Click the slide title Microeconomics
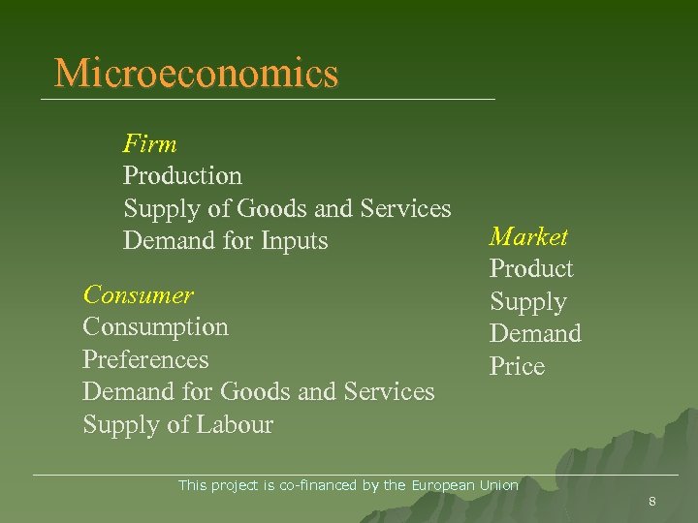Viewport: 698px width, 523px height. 197,74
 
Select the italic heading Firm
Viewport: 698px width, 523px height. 150,144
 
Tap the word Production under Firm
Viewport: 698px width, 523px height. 182,176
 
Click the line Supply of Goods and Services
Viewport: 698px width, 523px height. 287,208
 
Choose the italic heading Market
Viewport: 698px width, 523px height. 528,236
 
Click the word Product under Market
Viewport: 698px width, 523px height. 531,269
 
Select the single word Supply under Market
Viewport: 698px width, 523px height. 527,302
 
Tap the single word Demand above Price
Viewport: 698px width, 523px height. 535,334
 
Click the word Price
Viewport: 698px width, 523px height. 517,367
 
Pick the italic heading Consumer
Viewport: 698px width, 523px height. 138,293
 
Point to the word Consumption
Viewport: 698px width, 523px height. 155,326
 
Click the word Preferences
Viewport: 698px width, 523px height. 145,359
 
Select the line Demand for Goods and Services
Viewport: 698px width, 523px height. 259,391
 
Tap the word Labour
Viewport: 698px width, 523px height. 235,424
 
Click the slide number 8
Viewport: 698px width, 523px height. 652,502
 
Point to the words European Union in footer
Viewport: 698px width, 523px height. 465,485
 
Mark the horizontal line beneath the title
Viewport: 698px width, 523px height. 268,100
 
